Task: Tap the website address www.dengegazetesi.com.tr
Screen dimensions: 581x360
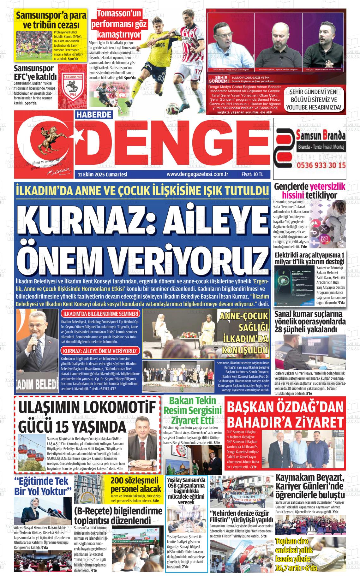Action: pyautogui.click(x=197, y=174)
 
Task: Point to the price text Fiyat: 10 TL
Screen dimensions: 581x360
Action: pyautogui.click(x=252, y=174)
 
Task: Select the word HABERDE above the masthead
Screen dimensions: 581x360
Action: pyautogui.click(x=94, y=116)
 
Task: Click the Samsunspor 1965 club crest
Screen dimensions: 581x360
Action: pyautogui.click(x=73, y=84)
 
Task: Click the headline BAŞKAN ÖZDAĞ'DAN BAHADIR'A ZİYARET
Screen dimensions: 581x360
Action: pyautogui.click(x=285, y=414)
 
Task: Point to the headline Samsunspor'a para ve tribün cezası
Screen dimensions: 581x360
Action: pyautogui.click(x=47, y=20)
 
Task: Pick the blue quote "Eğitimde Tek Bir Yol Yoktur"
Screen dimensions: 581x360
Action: pyautogui.click(x=42, y=486)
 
